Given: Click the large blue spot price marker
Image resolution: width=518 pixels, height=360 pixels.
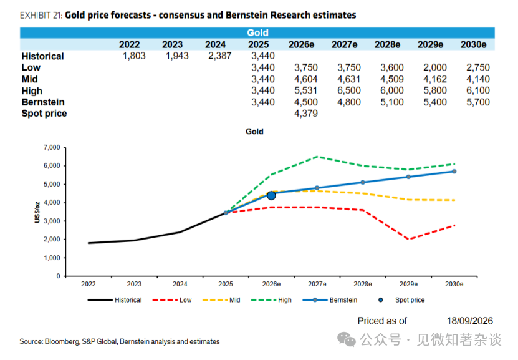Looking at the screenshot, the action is click(x=271, y=196).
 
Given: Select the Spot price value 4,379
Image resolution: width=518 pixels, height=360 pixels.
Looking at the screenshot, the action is click(x=306, y=114).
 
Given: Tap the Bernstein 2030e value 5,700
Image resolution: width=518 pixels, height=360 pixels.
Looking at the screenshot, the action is click(x=478, y=102).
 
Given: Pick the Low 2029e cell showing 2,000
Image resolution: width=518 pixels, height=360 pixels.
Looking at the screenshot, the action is click(x=435, y=67).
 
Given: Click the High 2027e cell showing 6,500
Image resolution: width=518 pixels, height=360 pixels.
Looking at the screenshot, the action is click(x=349, y=90).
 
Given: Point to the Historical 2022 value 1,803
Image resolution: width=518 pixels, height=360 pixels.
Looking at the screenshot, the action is click(x=134, y=56).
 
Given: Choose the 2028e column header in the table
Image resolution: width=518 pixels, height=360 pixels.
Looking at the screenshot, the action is click(x=387, y=45).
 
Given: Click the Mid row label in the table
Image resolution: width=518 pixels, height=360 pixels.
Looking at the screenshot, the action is click(x=30, y=79).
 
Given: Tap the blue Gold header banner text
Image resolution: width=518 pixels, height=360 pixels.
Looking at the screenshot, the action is click(x=257, y=32).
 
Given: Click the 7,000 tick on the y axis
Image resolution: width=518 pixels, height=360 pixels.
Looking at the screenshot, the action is click(x=52, y=147).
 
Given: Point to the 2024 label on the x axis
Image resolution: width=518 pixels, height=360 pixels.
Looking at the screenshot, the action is click(x=180, y=284).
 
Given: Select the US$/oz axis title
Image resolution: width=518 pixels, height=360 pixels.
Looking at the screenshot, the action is click(x=37, y=212).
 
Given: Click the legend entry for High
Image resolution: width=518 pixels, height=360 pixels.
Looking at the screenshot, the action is click(x=271, y=300).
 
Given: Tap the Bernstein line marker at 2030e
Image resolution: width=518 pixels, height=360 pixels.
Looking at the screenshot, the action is click(x=454, y=171).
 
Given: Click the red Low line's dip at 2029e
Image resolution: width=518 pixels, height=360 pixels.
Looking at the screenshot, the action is click(x=409, y=239).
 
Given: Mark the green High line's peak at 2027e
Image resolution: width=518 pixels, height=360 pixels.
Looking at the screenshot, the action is click(x=317, y=157).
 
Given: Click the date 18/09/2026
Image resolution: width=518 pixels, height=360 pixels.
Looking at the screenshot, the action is click(x=470, y=321).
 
